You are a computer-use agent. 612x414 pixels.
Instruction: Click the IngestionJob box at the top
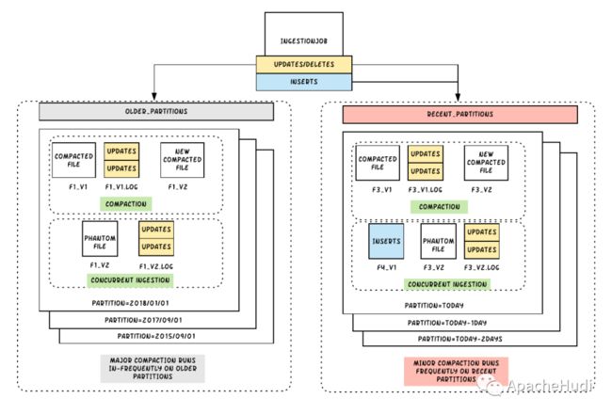pos(304,34)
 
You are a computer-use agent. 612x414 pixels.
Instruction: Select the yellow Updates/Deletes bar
pos(304,64)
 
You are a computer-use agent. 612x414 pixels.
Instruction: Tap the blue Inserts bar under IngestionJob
pos(304,82)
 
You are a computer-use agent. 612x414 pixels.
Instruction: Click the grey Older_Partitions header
pos(156,112)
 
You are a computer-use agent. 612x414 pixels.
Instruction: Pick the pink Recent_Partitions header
pos(460,115)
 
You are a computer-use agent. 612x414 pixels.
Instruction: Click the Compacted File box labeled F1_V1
pos(73,160)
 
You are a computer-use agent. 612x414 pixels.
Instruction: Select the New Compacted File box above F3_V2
pos(486,163)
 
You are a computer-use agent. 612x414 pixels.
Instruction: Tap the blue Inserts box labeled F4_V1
pos(386,241)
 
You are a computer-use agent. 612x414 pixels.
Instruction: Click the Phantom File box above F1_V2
pos(100,239)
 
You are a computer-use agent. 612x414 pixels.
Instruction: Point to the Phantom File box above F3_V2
pos(439,241)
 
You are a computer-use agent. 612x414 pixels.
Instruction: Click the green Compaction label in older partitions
pos(125,204)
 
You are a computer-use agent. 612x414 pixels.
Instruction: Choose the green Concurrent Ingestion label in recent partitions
pos(447,284)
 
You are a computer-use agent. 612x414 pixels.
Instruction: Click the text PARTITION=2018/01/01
pos(130,303)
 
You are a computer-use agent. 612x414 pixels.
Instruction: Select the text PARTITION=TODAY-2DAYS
pos(459,339)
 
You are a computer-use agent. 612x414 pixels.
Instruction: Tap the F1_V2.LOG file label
pos(156,266)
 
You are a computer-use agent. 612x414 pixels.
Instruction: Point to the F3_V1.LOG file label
pos(426,190)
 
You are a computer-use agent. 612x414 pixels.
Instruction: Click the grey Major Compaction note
pos(153,368)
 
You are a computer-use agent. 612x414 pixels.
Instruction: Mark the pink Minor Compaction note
pos(456,371)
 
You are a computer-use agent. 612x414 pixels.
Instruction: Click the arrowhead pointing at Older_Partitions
pos(154,96)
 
